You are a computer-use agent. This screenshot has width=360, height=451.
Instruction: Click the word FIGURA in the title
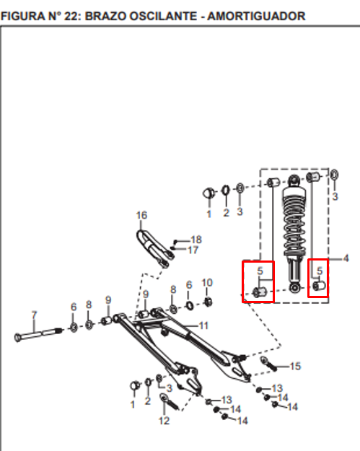point(23,16)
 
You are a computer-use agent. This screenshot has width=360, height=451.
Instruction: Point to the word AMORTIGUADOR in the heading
point(256,16)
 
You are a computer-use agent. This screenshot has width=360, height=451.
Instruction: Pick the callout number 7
point(34,315)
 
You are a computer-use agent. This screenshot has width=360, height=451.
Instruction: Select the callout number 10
point(207,283)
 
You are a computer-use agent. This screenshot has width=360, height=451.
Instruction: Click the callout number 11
point(203,325)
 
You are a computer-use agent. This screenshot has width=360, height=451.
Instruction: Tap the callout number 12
point(164,421)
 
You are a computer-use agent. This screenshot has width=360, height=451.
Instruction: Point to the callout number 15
point(296,366)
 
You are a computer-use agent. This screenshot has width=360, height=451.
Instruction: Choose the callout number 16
point(141,215)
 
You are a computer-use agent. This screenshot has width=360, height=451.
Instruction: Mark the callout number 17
point(193,250)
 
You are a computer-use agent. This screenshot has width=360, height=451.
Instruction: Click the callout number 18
point(196,240)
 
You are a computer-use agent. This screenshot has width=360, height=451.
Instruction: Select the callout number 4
point(346,258)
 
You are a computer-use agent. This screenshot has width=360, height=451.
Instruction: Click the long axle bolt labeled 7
point(38,334)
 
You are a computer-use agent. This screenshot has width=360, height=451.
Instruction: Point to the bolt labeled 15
point(269,364)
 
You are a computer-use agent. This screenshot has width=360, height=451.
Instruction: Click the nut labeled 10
point(208,302)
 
